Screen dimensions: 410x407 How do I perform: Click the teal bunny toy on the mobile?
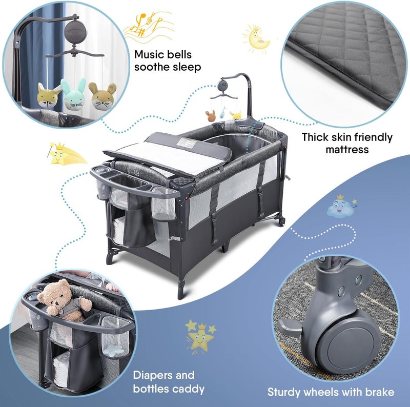point(74,94)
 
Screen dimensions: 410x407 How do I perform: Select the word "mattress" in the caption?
point(347,150)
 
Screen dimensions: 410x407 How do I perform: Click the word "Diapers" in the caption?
point(152,375)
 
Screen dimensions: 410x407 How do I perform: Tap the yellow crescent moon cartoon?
point(257,39)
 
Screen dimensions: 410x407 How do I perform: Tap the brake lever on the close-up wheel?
point(290,328)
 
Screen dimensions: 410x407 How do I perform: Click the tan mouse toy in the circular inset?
point(102,95)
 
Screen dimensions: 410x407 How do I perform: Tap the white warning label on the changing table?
point(187,143)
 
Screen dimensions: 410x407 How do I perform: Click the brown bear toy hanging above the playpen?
point(210,116)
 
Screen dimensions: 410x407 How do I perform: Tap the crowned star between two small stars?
point(200,337)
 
